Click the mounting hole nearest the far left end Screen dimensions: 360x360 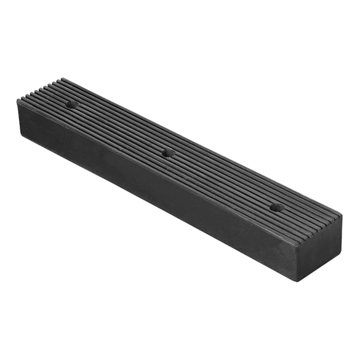point(71,104)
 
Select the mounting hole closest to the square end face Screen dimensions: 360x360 point(276,208)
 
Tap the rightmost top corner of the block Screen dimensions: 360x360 point(342,215)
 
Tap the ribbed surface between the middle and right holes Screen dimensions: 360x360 point(222,180)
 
